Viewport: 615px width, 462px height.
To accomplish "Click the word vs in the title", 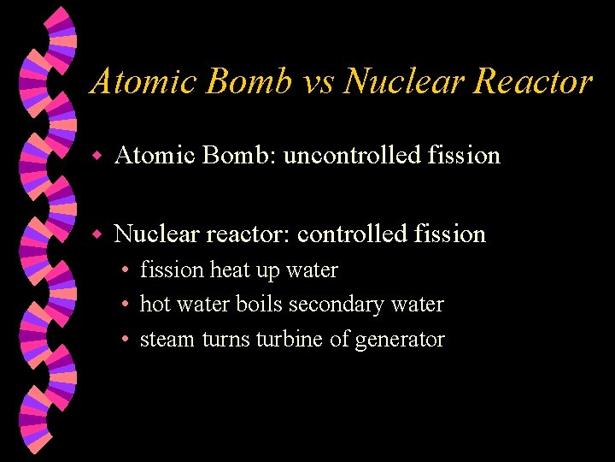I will tap(319, 82).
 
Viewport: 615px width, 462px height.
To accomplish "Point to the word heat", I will tap(230, 270).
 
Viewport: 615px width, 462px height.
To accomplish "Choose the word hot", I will tap(155, 305).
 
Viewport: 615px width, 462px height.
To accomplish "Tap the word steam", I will tap(167, 340).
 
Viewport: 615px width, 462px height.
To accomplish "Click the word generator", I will tap(400, 341).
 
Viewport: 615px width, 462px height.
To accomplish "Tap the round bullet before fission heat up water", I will tap(125, 271).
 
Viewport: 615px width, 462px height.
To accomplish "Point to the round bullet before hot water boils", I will tap(125, 305).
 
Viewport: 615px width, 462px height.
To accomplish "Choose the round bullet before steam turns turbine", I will tap(125, 341).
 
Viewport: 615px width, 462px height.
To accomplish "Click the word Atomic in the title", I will tap(144, 82).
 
